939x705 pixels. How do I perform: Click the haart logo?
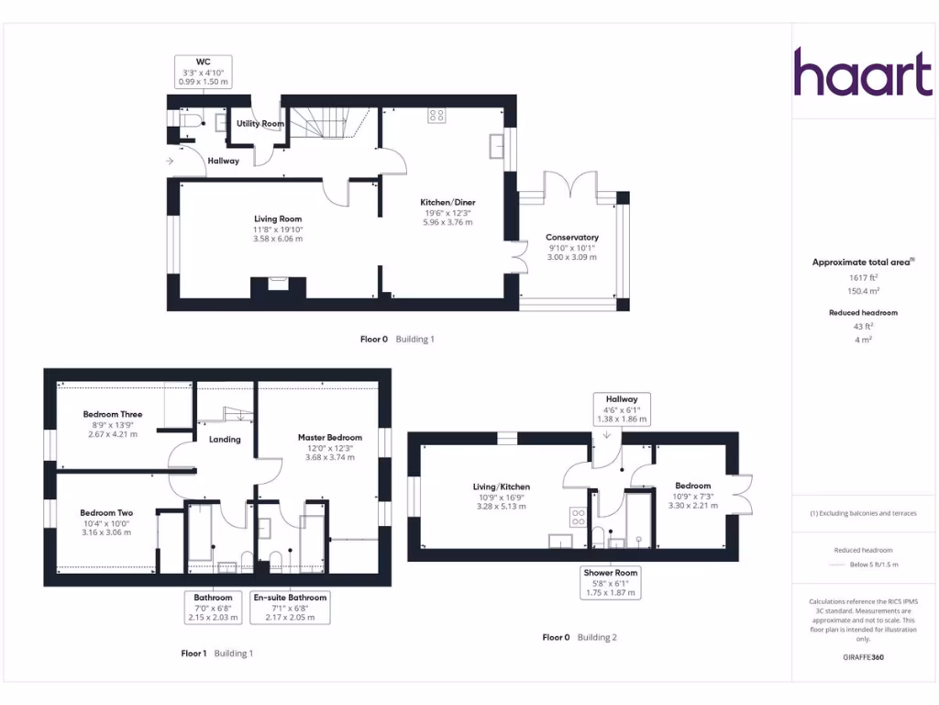tap(862, 73)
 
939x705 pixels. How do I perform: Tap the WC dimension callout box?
tap(202, 72)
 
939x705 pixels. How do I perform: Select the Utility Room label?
tap(260, 123)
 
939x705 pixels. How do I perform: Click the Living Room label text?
tap(278, 219)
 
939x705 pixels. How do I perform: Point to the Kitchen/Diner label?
tap(447, 203)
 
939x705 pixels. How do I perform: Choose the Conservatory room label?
tap(572, 238)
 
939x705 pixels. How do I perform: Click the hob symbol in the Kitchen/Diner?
tap(437, 116)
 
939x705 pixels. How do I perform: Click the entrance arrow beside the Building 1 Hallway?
tap(171, 162)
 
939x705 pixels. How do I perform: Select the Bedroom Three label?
tap(113, 415)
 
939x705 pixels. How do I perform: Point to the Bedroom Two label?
tap(106, 513)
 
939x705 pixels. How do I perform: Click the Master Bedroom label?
tap(330, 438)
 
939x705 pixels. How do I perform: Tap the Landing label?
tap(225, 440)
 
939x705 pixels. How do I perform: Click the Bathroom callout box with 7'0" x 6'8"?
tap(213, 607)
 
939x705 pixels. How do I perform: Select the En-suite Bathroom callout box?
tap(290, 607)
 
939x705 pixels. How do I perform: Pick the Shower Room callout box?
tap(611, 582)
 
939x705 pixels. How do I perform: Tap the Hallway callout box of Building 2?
tap(621, 408)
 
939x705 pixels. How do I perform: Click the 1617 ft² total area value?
tap(863, 276)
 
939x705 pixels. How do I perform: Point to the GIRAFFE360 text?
tap(863, 657)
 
